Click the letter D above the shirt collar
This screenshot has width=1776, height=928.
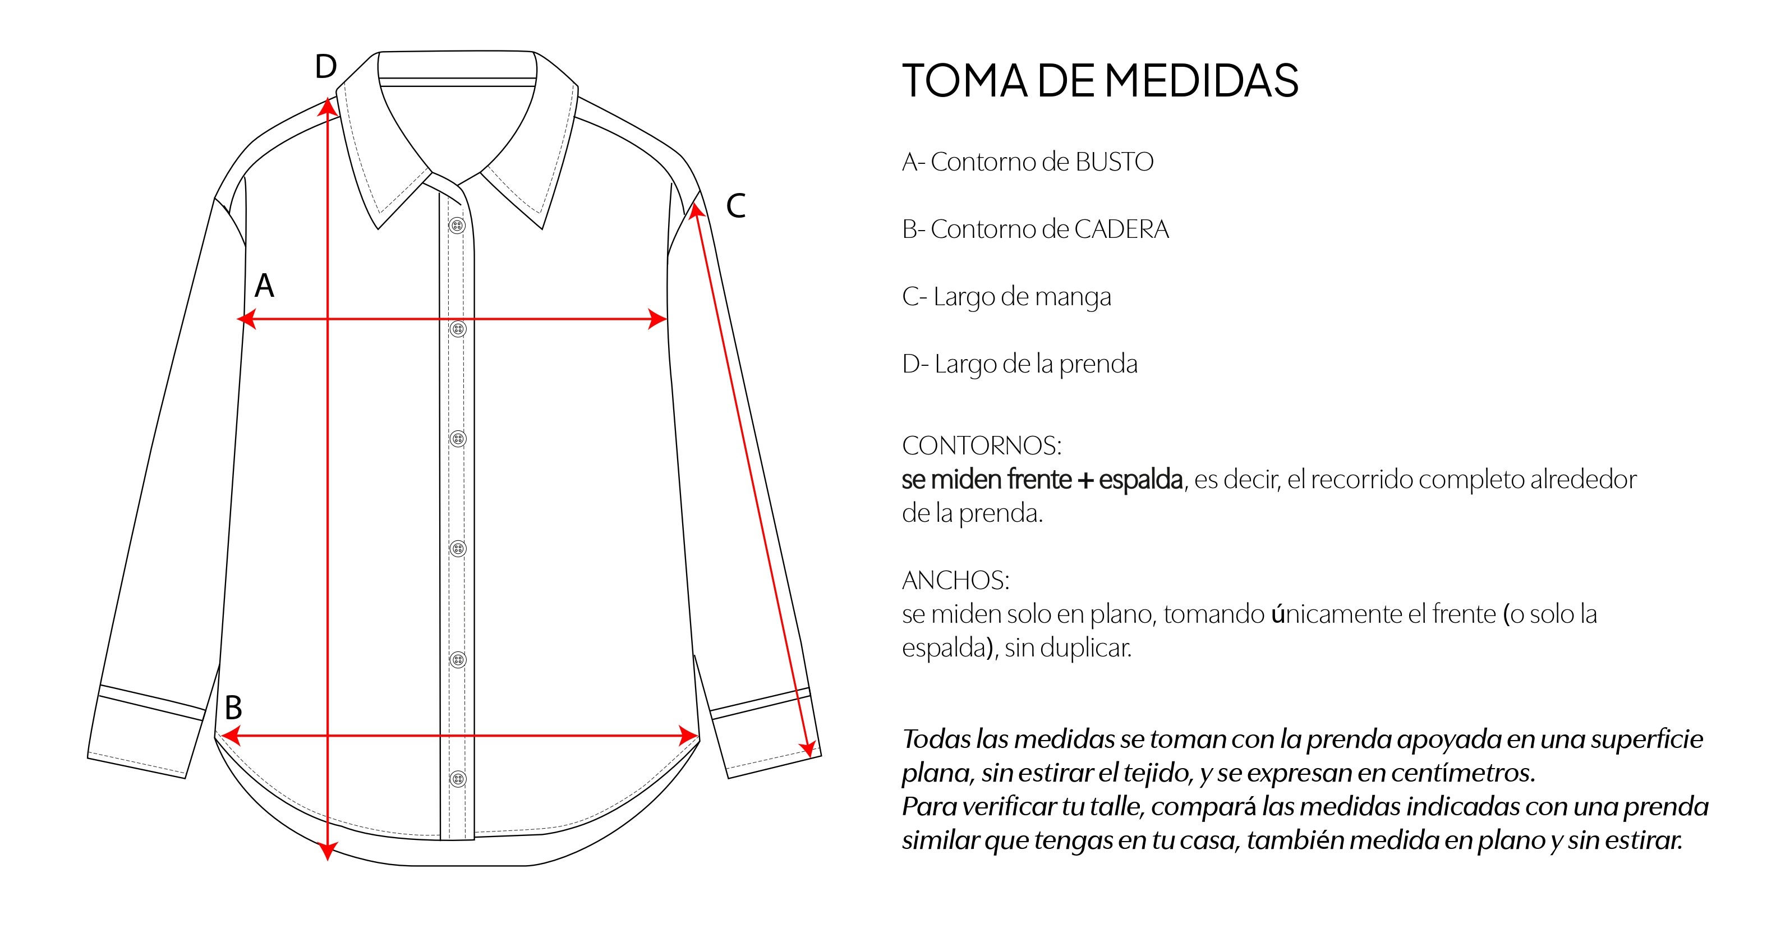(x=325, y=67)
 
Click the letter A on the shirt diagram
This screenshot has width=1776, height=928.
(x=264, y=286)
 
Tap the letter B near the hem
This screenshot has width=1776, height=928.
(x=234, y=708)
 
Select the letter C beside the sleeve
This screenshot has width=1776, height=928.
(x=735, y=205)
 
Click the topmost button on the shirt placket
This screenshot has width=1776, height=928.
(x=457, y=226)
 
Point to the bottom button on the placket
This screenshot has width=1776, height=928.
(x=458, y=779)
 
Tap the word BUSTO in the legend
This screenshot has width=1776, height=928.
(x=1114, y=162)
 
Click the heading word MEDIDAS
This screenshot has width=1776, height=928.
(x=1202, y=81)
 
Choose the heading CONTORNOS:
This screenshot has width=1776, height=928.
(x=982, y=445)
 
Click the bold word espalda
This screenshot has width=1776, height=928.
(x=1140, y=479)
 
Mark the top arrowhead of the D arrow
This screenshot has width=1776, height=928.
(x=328, y=107)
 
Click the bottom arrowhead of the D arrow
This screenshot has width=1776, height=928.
(x=328, y=852)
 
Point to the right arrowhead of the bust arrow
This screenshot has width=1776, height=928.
(x=658, y=319)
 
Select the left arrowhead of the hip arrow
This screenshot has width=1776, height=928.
(x=229, y=736)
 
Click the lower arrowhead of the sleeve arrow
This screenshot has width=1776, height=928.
(x=808, y=748)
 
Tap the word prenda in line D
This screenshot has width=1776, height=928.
(x=1098, y=364)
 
